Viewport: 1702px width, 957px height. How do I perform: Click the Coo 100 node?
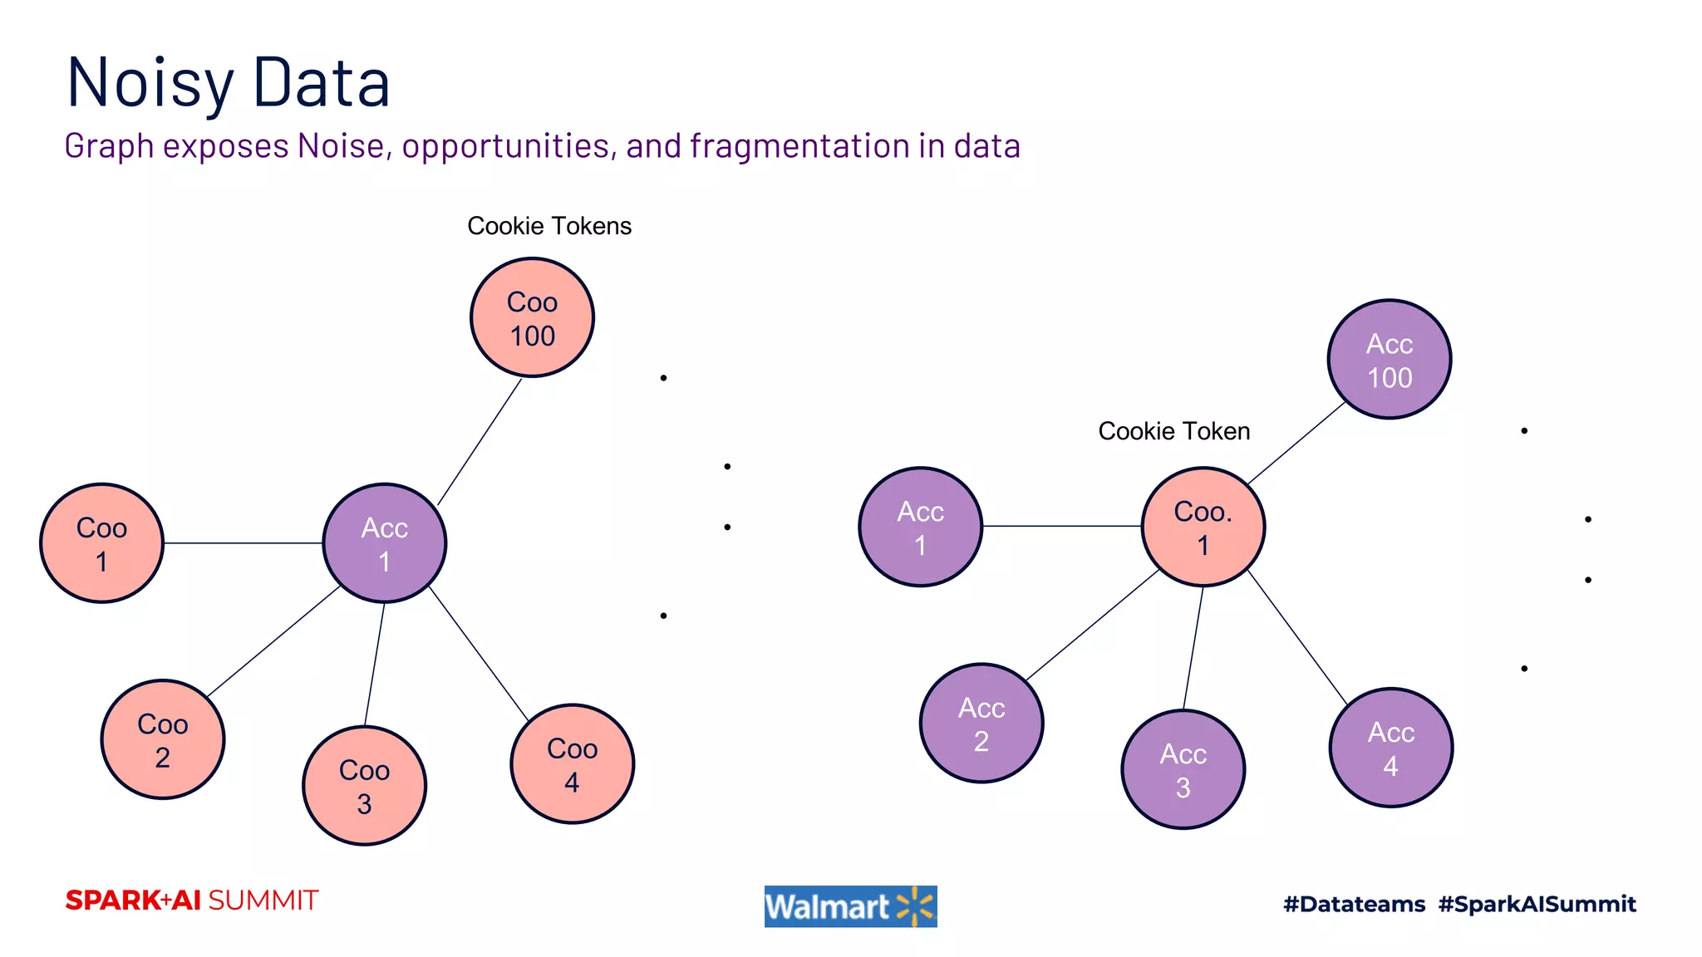pos(532,317)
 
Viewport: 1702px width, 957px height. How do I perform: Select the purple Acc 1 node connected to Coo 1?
pos(384,543)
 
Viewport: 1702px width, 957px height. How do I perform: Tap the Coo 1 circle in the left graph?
pos(101,543)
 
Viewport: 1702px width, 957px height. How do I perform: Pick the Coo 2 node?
pos(163,739)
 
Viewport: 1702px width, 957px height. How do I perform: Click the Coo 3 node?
pos(364,786)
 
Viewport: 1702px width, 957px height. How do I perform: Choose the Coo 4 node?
pos(572,764)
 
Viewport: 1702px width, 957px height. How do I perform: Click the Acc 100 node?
pos(1390,360)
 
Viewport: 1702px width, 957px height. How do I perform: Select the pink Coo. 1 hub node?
pos(1203,527)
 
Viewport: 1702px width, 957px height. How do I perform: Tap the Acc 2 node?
pos(981,723)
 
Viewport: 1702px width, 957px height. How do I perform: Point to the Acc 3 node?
pos(1183,769)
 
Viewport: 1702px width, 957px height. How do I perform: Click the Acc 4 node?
pos(1390,748)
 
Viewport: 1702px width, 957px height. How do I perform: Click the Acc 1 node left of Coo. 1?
pos(920,527)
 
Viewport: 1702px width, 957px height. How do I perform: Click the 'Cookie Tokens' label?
pos(548,226)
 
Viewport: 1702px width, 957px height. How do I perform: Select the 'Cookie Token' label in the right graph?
pos(1173,431)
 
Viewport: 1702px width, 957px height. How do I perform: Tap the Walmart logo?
pos(850,906)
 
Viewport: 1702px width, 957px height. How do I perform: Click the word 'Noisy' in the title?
pos(150,83)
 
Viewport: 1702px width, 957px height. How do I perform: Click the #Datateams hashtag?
pos(1354,904)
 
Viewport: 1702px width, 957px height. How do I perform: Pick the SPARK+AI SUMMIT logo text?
pos(192,901)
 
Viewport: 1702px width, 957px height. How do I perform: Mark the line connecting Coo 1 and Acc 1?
pos(243,543)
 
